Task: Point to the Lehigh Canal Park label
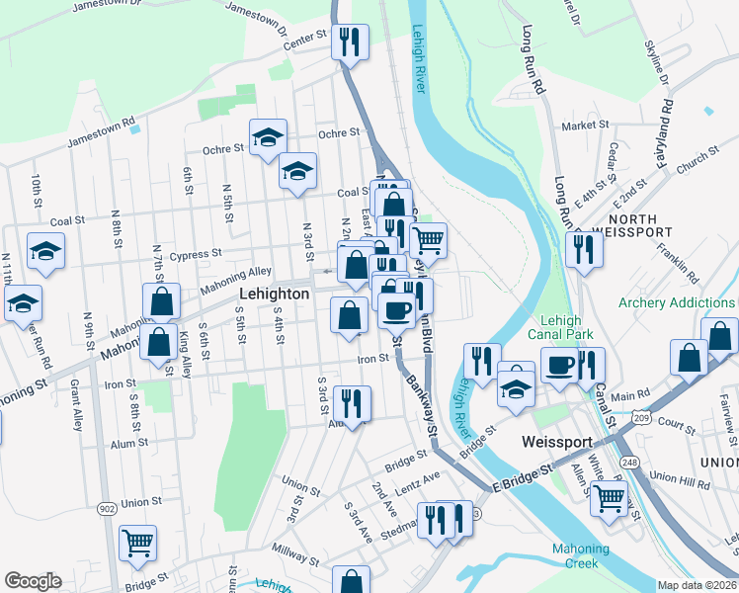pyautogui.click(x=578, y=328)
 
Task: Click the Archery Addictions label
pyautogui.click(x=677, y=302)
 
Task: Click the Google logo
pyautogui.click(x=33, y=581)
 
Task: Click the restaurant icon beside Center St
pyautogui.click(x=350, y=42)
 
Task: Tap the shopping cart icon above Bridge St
pyautogui.click(x=137, y=543)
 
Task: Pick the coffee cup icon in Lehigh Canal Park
pyautogui.click(x=559, y=365)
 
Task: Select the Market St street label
pyautogui.click(x=585, y=126)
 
